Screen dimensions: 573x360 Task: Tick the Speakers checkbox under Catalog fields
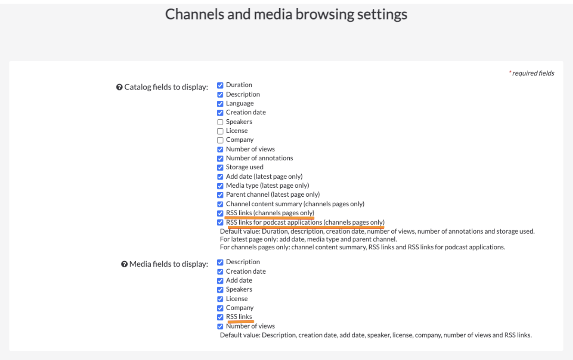[x=220, y=122]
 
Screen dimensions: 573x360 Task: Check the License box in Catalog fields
[x=220, y=131]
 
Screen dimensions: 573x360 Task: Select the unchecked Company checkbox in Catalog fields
[x=220, y=140]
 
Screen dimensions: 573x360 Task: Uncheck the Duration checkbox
[x=220, y=85]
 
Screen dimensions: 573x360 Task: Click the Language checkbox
[x=220, y=103]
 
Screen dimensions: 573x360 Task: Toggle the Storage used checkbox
[x=220, y=167]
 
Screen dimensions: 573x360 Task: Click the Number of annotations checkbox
[x=220, y=159]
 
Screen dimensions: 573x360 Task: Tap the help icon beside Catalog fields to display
[x=119, y=87]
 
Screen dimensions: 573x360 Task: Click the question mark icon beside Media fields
[x=124, y=264]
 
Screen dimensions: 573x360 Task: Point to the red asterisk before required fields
[x=510, y=72]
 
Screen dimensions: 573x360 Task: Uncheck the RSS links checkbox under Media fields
[x=220, y=317]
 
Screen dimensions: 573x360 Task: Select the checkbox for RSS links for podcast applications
[x=220, y=223]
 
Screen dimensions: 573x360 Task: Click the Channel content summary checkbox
[x=220, y=204]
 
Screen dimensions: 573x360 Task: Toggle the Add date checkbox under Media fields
[x=220, y=281]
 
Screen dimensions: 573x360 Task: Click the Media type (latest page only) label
[x=267, y=185]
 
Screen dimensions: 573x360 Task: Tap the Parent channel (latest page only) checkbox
[x=220, y=195]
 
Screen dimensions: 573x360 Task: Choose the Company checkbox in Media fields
[x=220, y=308]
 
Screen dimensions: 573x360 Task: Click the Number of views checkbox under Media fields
[x=220, y=327]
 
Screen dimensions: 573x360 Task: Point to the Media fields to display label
[x=169, y=264]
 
